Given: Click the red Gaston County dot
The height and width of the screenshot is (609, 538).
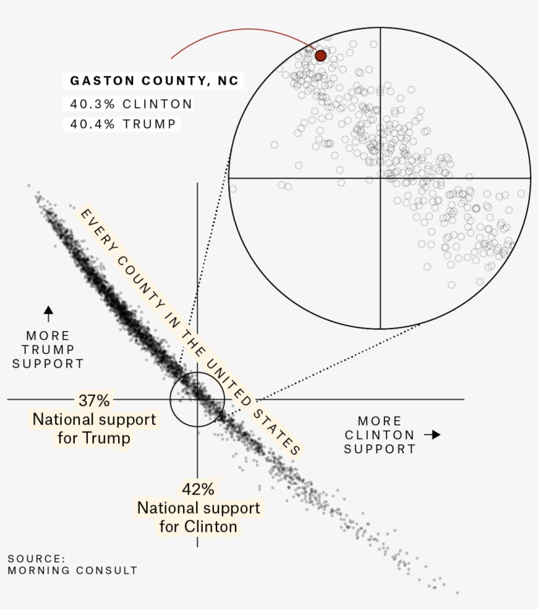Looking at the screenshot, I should click(x=320, y=56).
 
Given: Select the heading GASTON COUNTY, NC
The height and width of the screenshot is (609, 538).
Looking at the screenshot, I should click(x=154, y=81).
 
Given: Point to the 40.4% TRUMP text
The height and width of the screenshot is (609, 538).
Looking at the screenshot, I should click(x=123, y=123).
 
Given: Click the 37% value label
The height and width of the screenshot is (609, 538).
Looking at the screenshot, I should click(x=94, y=400).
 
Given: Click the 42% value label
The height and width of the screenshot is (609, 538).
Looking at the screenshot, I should click(x=198, y=489).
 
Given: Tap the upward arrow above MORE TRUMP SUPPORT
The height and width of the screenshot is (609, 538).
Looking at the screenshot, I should click(x=48, y=313).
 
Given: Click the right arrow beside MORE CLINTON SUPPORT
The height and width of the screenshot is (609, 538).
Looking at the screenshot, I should click(x=432, y=435).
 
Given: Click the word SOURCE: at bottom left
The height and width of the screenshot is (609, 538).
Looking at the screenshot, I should click(x=37, y=559).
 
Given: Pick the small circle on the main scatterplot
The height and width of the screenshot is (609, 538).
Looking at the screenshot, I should click(x=197, y=399).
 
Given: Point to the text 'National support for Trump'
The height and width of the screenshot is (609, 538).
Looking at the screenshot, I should click(x=94, y=428).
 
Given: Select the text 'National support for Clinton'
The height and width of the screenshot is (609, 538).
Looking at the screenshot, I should click(x=198, y=517).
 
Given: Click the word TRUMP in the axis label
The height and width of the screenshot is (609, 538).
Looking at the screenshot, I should click(x=48, y=350).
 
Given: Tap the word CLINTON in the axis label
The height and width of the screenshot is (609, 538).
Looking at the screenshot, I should click(x=380, y=435).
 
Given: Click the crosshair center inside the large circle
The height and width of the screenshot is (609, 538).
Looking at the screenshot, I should click(x=381, y=178).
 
